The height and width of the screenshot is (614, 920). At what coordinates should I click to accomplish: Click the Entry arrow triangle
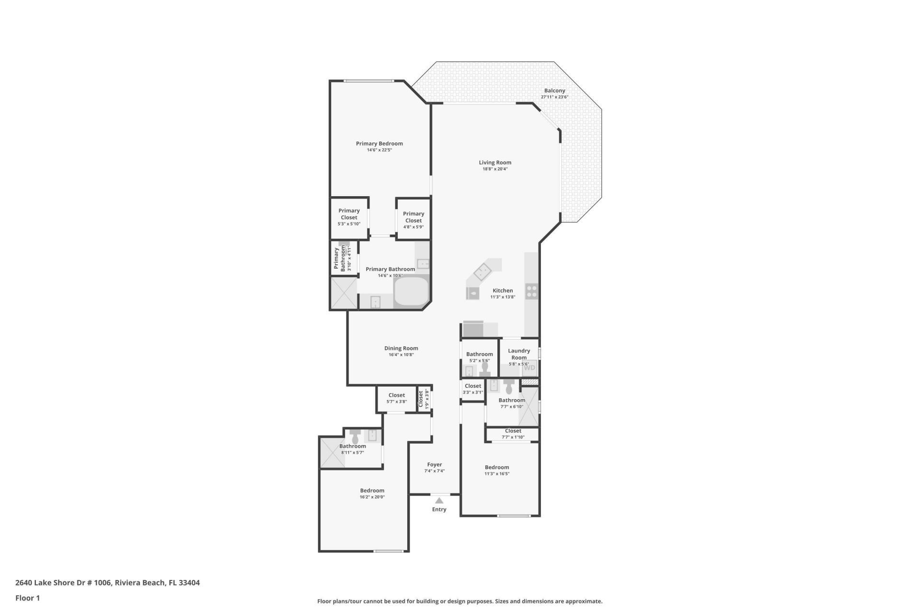pyautogui.click(x=439, y=500)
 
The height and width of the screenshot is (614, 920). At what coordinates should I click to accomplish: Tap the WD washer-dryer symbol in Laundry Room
pyautogui.click(x=529, y=368)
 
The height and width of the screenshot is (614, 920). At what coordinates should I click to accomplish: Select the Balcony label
pyautogui.click(x=554, y=91)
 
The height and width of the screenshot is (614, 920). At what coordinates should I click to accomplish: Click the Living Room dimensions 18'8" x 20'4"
pyautogui.click(x=495, y=169)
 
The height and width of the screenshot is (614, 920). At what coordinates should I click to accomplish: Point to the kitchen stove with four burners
pyautogui.click(x=532, y=291)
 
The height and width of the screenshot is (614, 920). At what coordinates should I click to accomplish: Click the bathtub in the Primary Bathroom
pyautogui.click(x=411, y=292)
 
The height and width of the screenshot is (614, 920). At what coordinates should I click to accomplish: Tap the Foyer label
pyautogui.click(x=435, y=464)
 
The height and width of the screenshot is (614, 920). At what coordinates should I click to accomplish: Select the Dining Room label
pyautogui.click(x=401, y=348)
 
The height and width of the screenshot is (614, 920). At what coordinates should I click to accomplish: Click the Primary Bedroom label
pyautogui.click(x=379, y=143)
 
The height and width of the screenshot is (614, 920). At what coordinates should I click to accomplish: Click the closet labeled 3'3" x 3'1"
pyautogui.click(x=472, y=389)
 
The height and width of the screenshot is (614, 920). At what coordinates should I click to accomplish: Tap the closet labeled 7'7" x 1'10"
pyautogui.click(x=513, y=434)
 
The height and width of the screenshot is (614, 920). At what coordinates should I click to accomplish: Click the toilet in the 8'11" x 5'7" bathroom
pyautogui.click(x=356, y=437)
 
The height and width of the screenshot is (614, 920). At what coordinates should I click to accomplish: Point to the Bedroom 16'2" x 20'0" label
pyautogui.click(x=372, y=491)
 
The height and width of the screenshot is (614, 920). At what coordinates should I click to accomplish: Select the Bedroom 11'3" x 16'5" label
pyautogui.click(x=497, y=467)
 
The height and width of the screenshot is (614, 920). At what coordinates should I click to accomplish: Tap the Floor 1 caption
pyautogui.click(x=27, y=598)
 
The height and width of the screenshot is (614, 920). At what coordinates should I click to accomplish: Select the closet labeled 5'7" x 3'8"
pyautogui.click(x=396, y=398)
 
